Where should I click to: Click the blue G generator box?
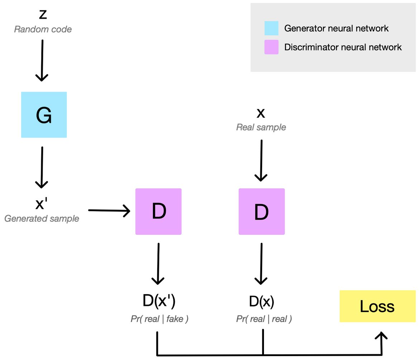(x=44, y=115)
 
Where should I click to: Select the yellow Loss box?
(x=377, y=306)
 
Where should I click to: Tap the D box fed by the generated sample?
(x=158, y=211)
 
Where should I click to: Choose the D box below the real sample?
(x=262, y=211)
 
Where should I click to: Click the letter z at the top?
(x=43, y=14)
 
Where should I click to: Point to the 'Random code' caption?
(x=43, y=29)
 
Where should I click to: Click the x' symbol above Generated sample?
(x=42, y=204)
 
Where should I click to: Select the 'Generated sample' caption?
(x=42, y=219)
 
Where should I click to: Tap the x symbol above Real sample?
(x=261, y=113)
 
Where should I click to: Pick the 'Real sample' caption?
(x=261, y=127)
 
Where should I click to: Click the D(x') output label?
(x=159, y=301)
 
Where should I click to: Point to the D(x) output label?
(x=262, y=302)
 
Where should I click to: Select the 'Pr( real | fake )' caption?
(x=159, y=319)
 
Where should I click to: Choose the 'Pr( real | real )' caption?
(x=264, y=319)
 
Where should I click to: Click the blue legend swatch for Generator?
(x=271, y=28)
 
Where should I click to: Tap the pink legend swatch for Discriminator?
(x=271, y=47)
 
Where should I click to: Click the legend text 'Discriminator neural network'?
(x=343, y=47)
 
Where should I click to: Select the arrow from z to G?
(x=42, y=61)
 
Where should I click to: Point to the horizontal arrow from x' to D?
(x=109, y=211)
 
